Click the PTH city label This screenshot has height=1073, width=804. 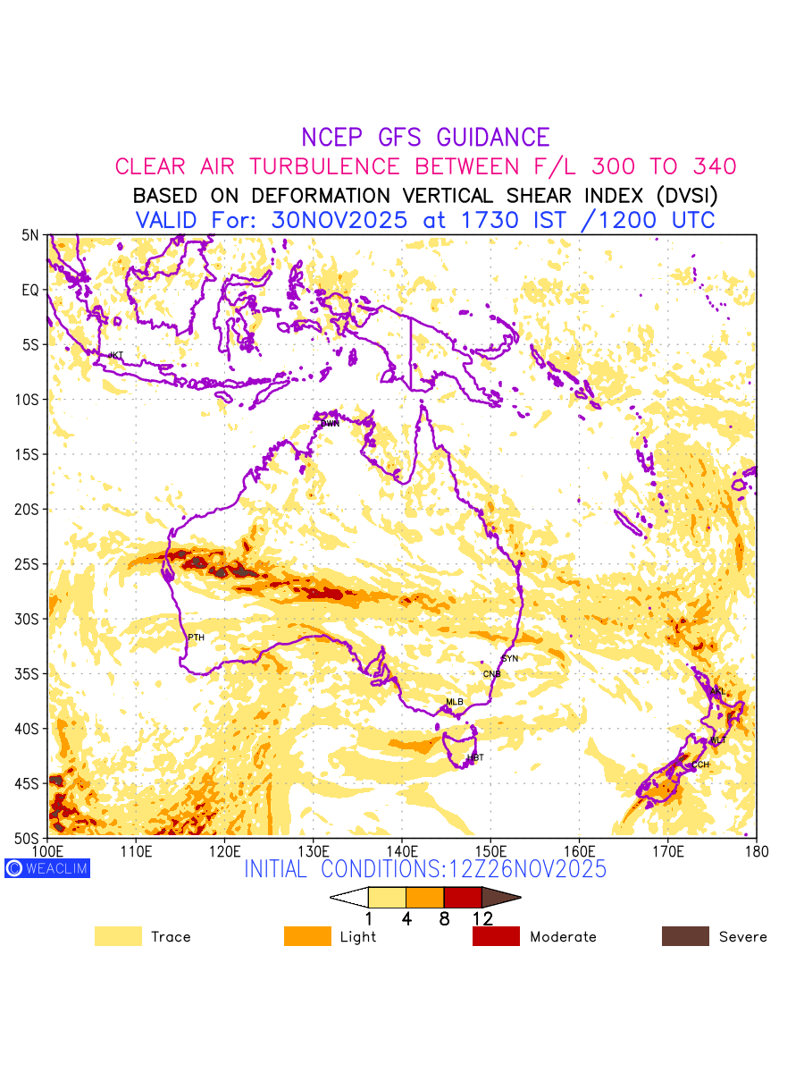(x=196, y=638)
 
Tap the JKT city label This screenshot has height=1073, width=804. (x=115, y=356)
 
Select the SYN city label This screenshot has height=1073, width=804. (x=510, y=659)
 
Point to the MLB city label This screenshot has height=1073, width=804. (x=455, y=702)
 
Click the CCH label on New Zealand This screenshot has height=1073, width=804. (x=700, y=765)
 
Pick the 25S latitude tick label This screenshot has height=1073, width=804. (x=30, y=564)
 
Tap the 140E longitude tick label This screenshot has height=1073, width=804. (x=401, y=849)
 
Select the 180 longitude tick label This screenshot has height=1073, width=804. (x=757, y=849)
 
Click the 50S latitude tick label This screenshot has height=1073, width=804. (x=30, y=838)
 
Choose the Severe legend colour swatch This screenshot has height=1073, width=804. (x=685, y=936)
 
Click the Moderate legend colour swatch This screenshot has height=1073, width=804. (x=496, y=936)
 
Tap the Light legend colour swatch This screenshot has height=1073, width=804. (x=306, y=936)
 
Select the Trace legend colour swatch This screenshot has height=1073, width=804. (x=118, y=936)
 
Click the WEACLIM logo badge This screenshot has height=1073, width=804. (x=47, y=867)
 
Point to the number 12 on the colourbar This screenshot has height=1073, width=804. (x=482, y=917)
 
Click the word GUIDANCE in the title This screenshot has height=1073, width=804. (x=493, y=138)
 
